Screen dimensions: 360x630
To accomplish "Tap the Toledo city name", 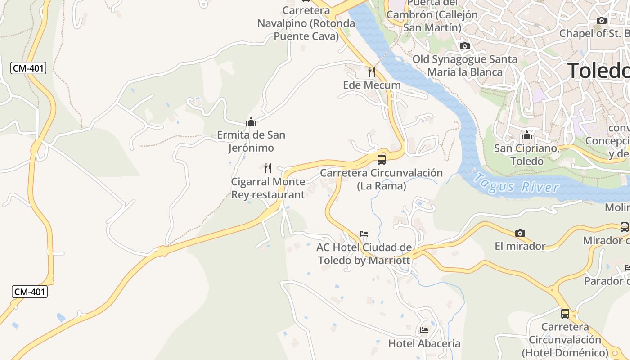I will pyautogui.click(x=598, y=71).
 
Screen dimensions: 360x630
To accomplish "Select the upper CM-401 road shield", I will pyautogui.click(x=28, y=68).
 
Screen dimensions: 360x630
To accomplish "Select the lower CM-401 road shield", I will pyautogui.click(x=30, y=292).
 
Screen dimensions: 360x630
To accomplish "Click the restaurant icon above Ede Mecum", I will pyautogui.click(x=372, y=72).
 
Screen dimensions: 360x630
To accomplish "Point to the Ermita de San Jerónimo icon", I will pyautogui.click(x=251, y=121).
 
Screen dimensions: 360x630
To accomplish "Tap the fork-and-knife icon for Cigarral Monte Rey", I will pyautogui.click(x=268, y=168).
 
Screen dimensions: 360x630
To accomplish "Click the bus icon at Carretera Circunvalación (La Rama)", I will pyautogui.click(x=382, y=159).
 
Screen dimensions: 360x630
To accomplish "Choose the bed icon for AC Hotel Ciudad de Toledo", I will pyautogui.click(x=364, y=234).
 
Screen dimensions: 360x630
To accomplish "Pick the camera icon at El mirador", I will pyautogui.click(x=520, y=233).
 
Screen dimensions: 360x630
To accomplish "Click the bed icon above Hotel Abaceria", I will pyautogui.click(x=424, y=330).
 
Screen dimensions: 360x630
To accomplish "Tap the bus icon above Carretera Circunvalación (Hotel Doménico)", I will pyautogui.click(x=565, y=313).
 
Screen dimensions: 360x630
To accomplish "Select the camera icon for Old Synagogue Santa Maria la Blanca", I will pyautogui.click(x=465, y=46).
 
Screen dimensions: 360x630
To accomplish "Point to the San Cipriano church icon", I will pyautogui.click(x=526, y=135).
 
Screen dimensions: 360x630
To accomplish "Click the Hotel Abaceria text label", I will pyautogui.click(x=424, y=343).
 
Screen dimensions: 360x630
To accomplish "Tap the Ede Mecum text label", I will pyautogui.click(x=372, y=85).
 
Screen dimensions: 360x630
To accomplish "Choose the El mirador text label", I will pyautogui.click(x=520, y=246).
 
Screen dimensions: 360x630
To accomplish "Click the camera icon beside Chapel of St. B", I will pyautogui.click(x=601, y=20).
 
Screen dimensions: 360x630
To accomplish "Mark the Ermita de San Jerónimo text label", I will pyautogui.click(x=251, y=141).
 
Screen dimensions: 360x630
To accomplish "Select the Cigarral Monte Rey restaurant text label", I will pyautogui.click(x=268, y=188).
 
